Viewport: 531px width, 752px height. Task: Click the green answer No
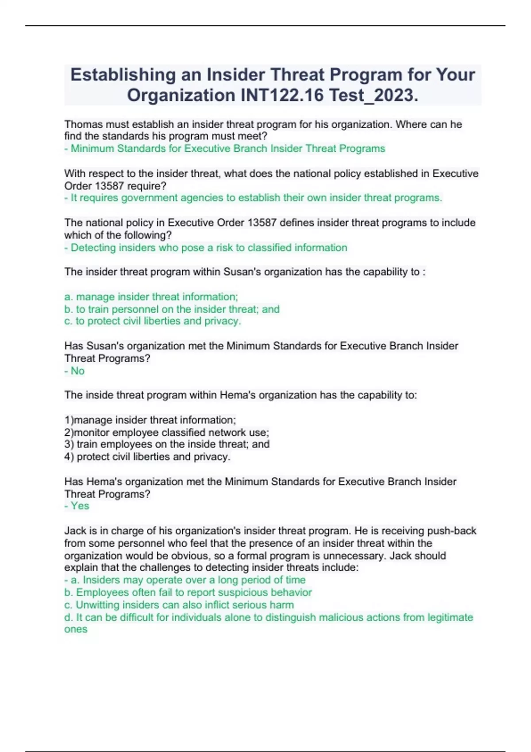[77, 371]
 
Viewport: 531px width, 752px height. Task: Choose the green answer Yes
[80, 506]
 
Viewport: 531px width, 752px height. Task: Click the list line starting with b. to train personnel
[172, 309]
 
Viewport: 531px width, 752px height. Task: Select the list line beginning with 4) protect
[147, 457]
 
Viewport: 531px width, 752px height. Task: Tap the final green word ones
[76, 629]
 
